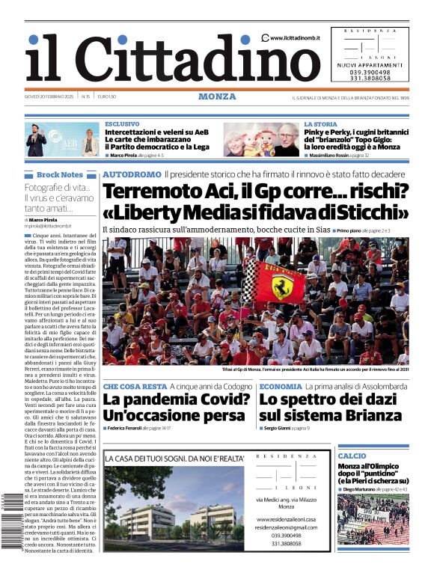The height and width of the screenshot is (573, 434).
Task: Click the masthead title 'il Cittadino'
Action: (x=162, y=58)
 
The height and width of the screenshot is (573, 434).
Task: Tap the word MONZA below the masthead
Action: (x=217, y=96)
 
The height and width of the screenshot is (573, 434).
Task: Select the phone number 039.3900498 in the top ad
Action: (x=370, y=70)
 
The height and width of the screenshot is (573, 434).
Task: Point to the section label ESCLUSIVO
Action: (x=122, y=124)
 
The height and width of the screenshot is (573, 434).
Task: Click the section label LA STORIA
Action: (x=320, y=124)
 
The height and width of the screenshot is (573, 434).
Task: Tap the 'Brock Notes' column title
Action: (x=59, y=174)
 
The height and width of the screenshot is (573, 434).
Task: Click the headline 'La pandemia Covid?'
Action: (x=177, y=399)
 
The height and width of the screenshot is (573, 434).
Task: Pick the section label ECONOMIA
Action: (x=281, y=386)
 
